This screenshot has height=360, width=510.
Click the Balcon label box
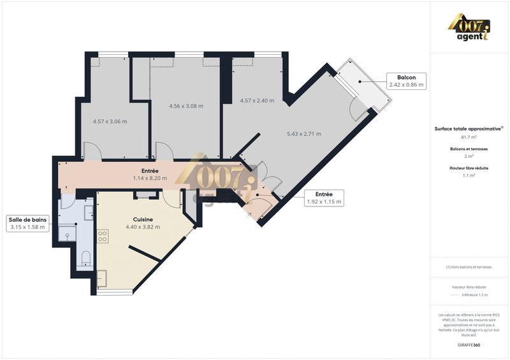pos(406,80)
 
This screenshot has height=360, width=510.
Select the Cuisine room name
pos(138,219)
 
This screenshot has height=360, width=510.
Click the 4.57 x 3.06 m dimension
pos(110,121)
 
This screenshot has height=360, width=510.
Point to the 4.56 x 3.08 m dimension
pos(186,106)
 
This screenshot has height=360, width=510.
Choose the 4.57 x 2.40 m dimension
pos(257,100)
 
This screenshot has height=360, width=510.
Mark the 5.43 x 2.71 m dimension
pos(304,134)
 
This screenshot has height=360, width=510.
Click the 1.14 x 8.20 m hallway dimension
pos(150,178)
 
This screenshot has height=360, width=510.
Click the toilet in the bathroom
pos(86,258)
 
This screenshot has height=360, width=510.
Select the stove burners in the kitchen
pos(103,235)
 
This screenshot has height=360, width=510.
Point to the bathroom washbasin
pos(67,235)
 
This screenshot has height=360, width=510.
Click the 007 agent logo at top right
pos(470,28)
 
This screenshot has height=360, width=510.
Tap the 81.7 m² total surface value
pos(469,137)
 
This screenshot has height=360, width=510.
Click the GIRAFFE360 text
pos(469,344)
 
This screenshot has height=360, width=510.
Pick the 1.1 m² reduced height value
pos(469,175)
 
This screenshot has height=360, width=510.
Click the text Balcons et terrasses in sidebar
pos(469,148)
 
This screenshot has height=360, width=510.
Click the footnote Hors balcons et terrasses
pos(469,267)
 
